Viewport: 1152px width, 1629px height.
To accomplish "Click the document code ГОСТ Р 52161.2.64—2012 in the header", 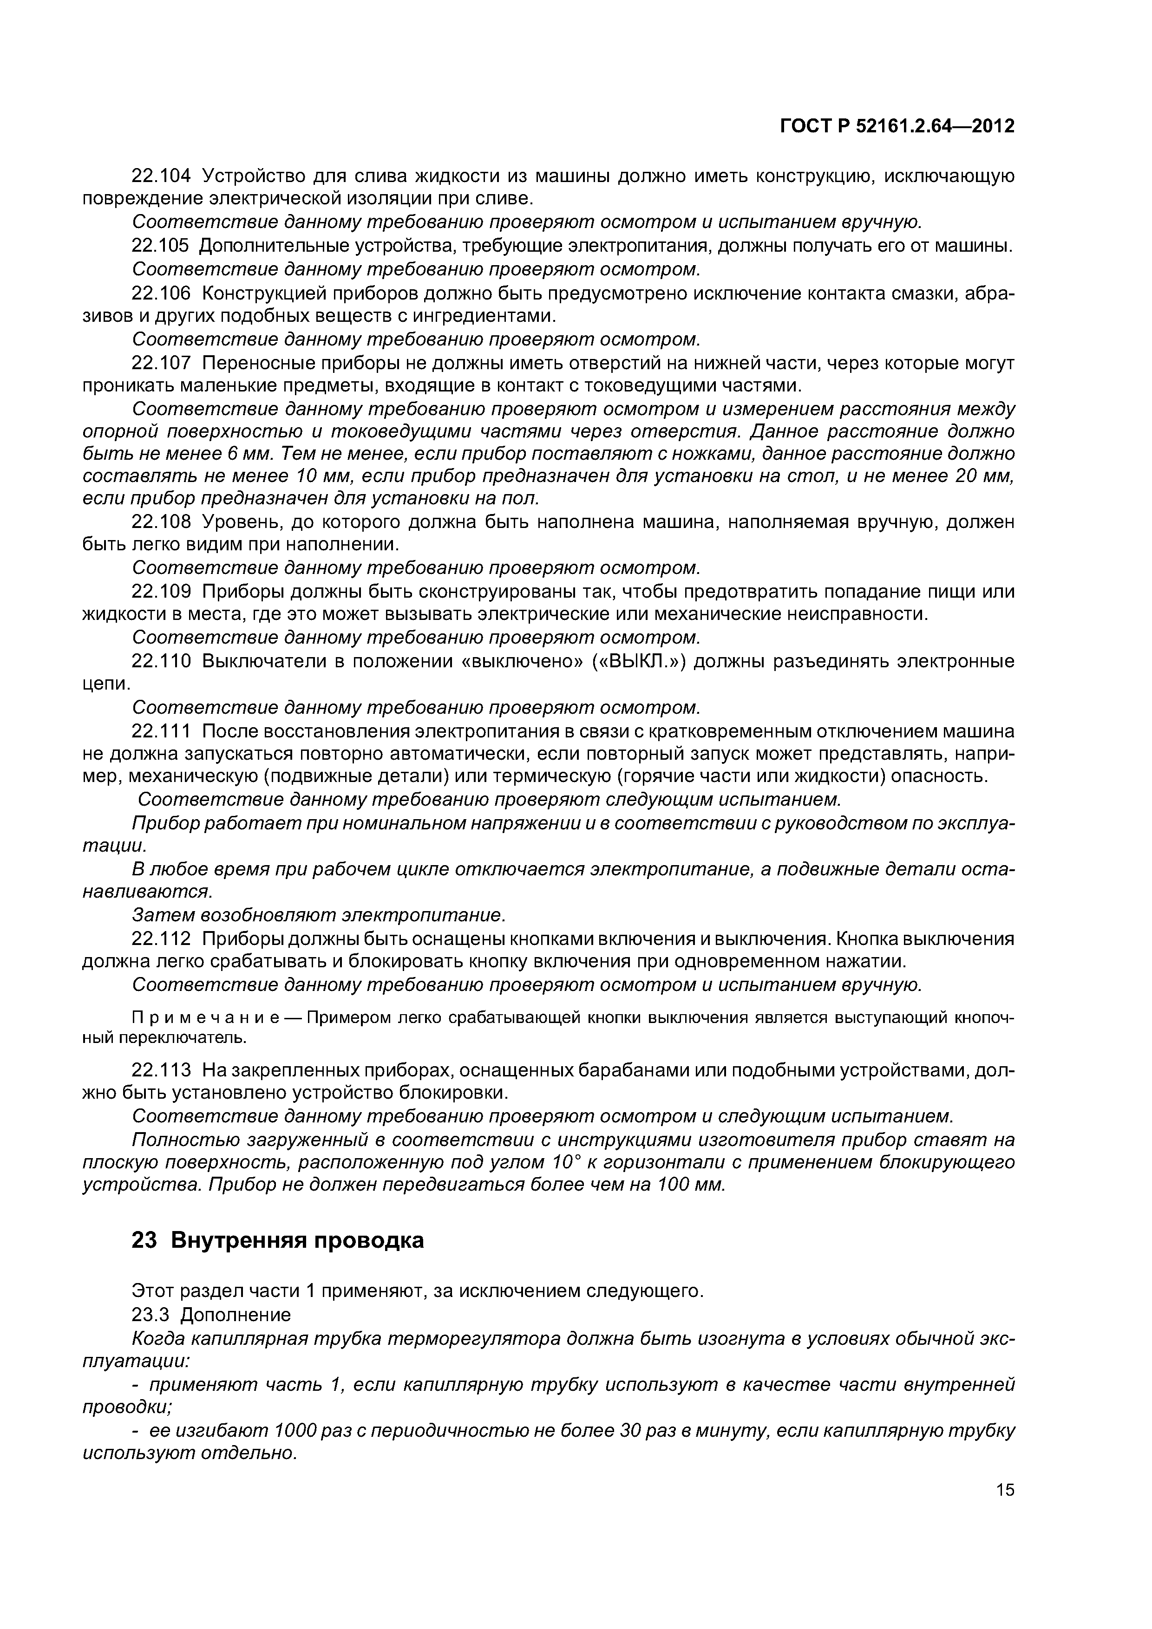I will (897, 126).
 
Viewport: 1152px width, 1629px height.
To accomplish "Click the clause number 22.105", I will (161, 246).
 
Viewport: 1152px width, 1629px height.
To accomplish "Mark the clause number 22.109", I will (161, 591).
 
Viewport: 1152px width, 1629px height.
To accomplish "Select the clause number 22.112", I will (161, 938).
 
